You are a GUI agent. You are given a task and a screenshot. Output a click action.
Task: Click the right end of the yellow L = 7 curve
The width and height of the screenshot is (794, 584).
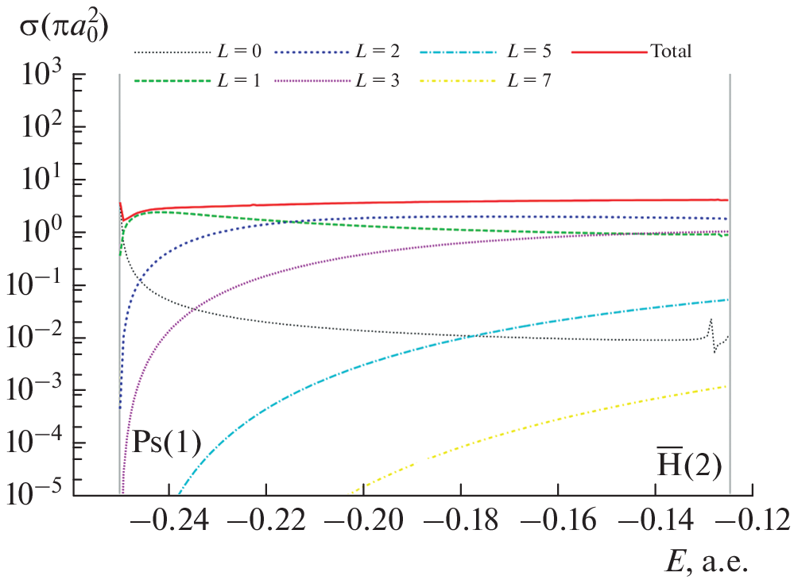point(726,386)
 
